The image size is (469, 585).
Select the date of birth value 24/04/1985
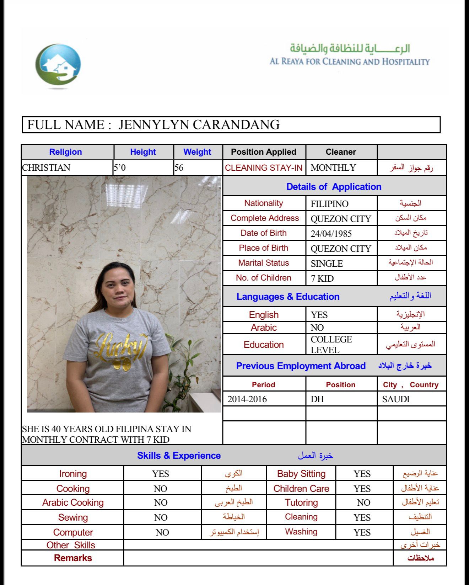331,234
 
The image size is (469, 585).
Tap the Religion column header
65,152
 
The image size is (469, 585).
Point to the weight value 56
179,167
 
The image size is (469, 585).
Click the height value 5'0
119,167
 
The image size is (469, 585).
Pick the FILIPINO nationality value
329,204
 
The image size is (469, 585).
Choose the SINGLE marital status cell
327,264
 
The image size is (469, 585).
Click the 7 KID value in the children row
322,278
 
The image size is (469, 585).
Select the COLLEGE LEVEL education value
331,345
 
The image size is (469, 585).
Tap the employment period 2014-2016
247,399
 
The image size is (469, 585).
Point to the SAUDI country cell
396,399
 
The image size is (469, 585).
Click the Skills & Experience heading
179,456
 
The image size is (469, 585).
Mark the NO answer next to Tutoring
363,502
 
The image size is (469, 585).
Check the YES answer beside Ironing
160,474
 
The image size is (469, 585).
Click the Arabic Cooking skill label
73,502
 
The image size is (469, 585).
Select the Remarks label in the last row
73,558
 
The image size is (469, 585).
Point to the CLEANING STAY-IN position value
264,168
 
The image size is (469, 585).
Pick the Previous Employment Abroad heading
301,366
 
